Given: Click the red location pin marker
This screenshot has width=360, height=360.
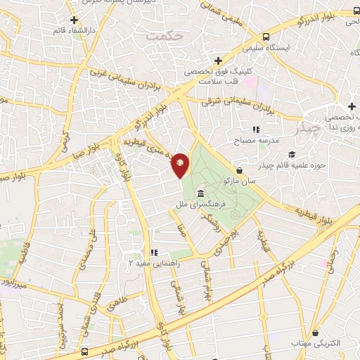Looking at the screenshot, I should tap(181, 165).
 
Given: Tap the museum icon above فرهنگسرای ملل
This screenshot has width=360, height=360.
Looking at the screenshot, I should tap(201, 193).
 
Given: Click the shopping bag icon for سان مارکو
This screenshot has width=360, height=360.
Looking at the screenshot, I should tap(240, 170).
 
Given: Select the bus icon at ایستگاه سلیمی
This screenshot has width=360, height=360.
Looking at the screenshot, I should tap(266, 37).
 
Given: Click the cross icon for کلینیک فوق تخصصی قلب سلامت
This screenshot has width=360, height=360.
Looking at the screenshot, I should tap(219, 60).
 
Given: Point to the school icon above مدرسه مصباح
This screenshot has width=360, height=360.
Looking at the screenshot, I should tap(256, 129).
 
